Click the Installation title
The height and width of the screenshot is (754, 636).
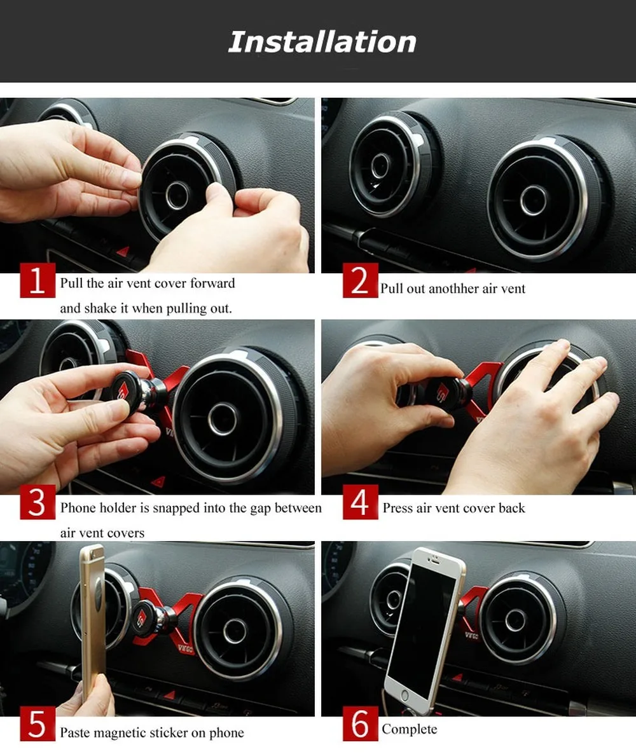(322, 42)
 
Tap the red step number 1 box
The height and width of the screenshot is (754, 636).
(38, 280)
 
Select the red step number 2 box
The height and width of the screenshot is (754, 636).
(361, 280)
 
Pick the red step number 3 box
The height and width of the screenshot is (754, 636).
(38, 502)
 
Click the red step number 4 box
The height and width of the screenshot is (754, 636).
(361, 502)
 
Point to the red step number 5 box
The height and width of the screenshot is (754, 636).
(38, 723)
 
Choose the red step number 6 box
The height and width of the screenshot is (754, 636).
(361, 723)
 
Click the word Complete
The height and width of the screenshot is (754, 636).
(410, 729)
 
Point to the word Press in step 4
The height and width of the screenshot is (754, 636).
(398, 508)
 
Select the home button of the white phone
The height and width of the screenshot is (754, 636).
(404, 696)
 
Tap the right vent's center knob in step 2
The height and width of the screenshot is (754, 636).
(534, 200)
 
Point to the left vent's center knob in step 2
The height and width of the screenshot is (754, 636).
(380, 165)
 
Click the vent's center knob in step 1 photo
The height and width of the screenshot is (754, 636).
(177, 195)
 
